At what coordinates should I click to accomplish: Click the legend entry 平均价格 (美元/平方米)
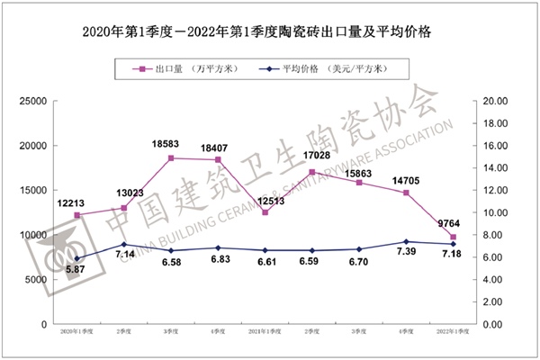334,67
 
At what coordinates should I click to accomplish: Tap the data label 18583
171,145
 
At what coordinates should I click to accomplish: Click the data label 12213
77,203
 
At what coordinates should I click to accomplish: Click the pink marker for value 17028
312,172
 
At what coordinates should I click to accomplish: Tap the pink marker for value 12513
265,212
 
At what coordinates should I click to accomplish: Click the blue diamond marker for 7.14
124,245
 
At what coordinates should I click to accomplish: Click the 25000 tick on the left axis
32,101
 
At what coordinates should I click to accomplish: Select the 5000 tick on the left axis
36,280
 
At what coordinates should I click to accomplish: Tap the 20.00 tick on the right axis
498,101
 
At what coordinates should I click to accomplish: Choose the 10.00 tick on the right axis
498,212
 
